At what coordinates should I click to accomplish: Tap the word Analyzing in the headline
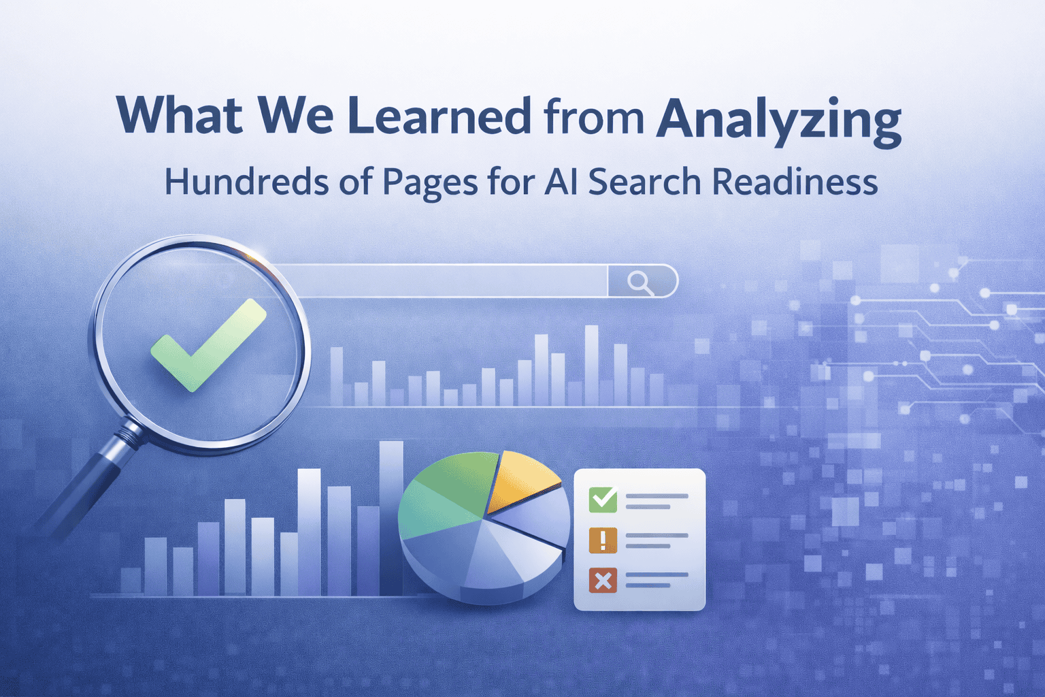tap(778, 120)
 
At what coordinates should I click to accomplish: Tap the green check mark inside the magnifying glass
tap(209, 345)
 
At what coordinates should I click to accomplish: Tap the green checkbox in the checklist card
tap(603, 500)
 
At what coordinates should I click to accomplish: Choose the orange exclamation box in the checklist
tap(603, 540)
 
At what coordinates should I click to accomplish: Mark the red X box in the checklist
tap(603, 581)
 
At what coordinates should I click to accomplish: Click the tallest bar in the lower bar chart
tap(391, 518)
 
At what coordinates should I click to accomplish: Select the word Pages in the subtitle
tap(430, 184)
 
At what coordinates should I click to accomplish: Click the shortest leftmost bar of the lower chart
tap(131, 582)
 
